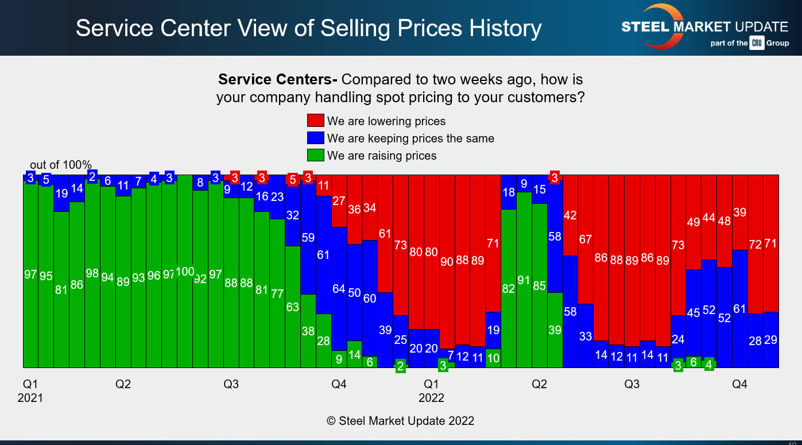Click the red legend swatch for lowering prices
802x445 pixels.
tap(316, 121)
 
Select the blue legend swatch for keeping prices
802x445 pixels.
tap(316, 138)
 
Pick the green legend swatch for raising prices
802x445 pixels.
tap(316, 156)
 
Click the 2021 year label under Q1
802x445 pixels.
tap(30, 397)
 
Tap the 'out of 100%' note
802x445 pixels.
tap(61, 165)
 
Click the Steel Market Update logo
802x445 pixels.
tap(705, 28)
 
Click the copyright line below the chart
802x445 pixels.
tap(401, 421)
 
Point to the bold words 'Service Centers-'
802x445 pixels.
tap(278, 79)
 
